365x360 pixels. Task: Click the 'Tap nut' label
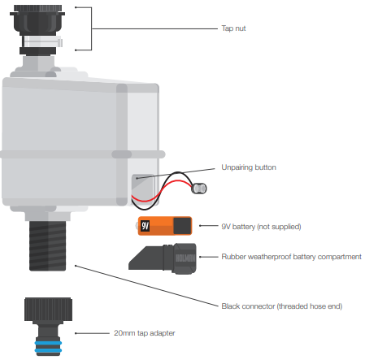tap(233, 28)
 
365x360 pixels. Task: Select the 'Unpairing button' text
tap(249, 167)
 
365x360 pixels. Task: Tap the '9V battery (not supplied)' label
tap(261, 227)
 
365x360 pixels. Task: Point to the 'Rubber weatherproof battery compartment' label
tap(291, 257)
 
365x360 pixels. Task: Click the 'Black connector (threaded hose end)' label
tap(282, 306)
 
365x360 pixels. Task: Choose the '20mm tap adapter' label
tap(145, 333)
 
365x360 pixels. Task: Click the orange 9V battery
tap(165, 226)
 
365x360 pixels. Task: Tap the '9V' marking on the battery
tap(145, 226)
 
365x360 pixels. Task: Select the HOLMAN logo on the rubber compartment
tap(185, 258)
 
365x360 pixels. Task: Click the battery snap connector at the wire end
tap(199, 189)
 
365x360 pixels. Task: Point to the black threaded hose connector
tap(48, 245)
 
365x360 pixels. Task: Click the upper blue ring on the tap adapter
tap(48, 343)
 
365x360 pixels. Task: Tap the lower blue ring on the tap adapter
tap(48, 350)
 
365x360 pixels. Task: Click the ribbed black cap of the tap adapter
tap(48, 309)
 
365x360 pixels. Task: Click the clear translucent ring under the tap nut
tap(43, 41)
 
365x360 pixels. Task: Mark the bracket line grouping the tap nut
tap(92, 28)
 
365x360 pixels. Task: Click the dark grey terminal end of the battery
tap(182, 226)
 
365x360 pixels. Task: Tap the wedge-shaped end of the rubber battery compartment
tap(146, 258)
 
